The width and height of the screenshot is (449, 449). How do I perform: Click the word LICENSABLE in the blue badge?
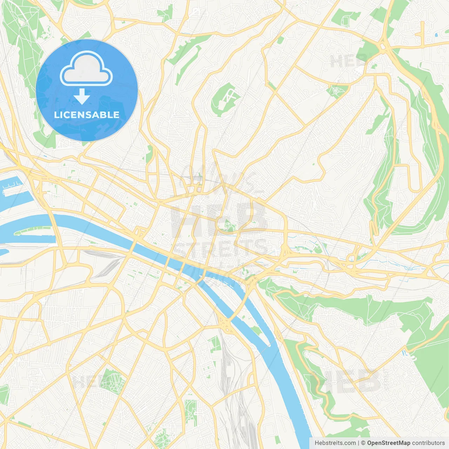(87, 115)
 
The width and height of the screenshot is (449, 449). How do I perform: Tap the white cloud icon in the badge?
(86, 69)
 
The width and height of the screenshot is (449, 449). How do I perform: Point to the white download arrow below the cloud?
(82, 96)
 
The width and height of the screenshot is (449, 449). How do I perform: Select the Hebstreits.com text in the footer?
(335, 443)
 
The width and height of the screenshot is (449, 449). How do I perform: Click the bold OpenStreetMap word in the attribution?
(388, 443)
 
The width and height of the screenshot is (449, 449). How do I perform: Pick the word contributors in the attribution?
(428, 443)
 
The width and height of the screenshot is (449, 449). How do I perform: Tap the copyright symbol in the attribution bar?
(363, 443)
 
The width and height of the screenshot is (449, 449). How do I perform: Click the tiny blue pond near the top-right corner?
(436, 35)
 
